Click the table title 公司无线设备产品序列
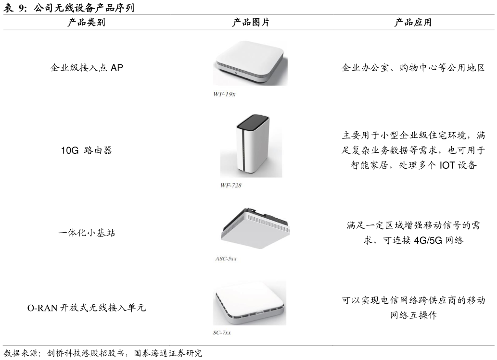coord(84,8)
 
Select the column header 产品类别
coord(86,22)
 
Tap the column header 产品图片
coord(251,22)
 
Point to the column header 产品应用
coord(413,22)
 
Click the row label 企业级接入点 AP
coord(87,67)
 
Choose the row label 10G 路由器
coord(87,150)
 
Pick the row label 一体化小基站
coord(87,233)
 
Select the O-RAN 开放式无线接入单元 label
coord(87,308)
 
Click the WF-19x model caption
coord(224,94)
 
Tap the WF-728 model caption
coord(231,185)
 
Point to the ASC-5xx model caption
coord(226,259)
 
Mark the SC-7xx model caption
coord(222,333)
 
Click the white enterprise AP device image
coord(250,63)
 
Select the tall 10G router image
coord(251,146)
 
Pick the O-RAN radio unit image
coord(250,303)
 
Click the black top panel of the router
coord(254,122)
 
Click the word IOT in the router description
coord(447,165)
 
